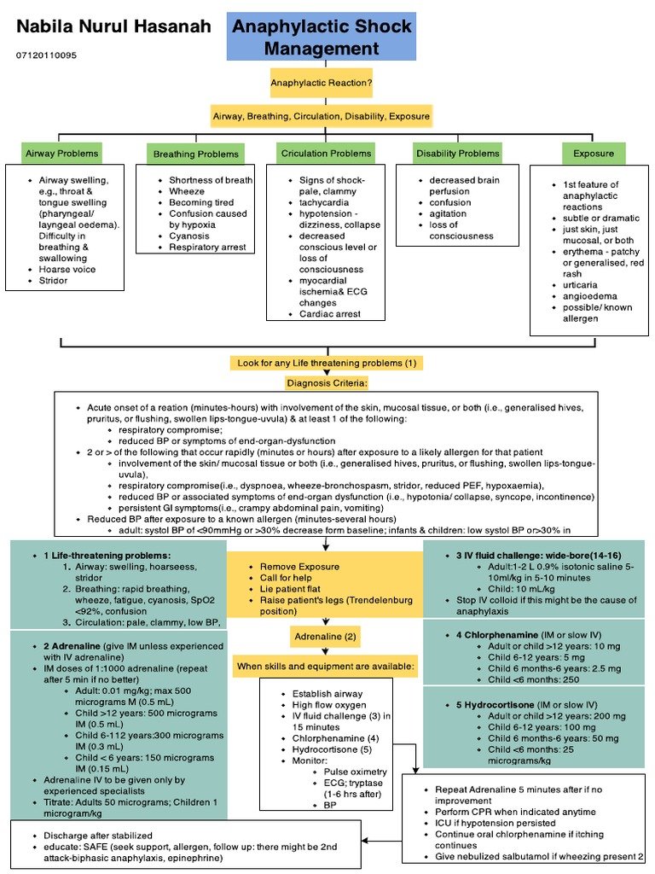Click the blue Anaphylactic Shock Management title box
(x=320, y=37)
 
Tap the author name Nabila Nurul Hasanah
(x=114, y=27)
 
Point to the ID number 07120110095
(x=46, y=55)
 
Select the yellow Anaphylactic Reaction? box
(x=321, y=84)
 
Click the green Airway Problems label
(x=61, y=154)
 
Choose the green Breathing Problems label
(x=195, y=154)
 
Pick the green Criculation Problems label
(x=326, y=154)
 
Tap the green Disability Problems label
(x=457, y=154)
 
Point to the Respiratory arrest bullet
(x=207, y=247)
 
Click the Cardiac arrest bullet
(x=330, y=313)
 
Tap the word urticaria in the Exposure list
(x=580, y=284)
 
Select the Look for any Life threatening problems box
(x=327, y=363)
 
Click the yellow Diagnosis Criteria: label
(x=327, y=382)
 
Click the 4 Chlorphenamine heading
(x=490, y=635)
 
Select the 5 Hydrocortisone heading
(x=488, y=705)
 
